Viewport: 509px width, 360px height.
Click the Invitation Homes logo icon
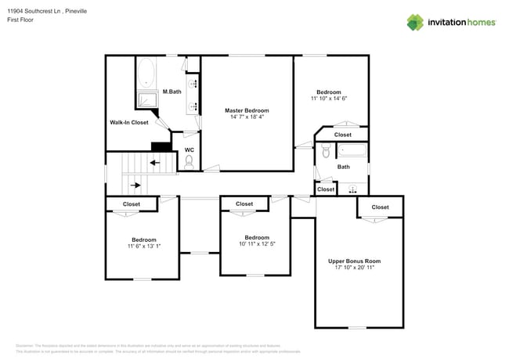(415, 22)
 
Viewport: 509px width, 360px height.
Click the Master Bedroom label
(247, 110)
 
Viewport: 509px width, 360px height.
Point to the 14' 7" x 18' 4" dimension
(247, 117)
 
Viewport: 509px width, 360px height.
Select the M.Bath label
(171, 92)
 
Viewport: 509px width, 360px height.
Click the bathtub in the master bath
(146, 74)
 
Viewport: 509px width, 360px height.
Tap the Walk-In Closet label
(128, 123)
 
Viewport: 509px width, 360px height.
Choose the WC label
(189, 149)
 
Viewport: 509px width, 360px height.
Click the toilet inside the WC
(189, 162)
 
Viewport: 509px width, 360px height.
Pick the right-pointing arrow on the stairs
(136, 185)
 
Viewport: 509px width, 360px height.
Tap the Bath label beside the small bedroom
(343, 167)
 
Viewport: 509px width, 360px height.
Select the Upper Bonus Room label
(354, 261)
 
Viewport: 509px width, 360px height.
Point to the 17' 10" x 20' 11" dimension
(354, 268)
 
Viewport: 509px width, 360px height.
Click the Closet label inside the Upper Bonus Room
(380, 207)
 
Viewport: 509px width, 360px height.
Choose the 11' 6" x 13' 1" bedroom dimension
(144, 247)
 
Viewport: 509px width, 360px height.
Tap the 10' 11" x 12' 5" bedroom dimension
(257, 244)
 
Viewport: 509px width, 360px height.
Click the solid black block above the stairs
(161, 146)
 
